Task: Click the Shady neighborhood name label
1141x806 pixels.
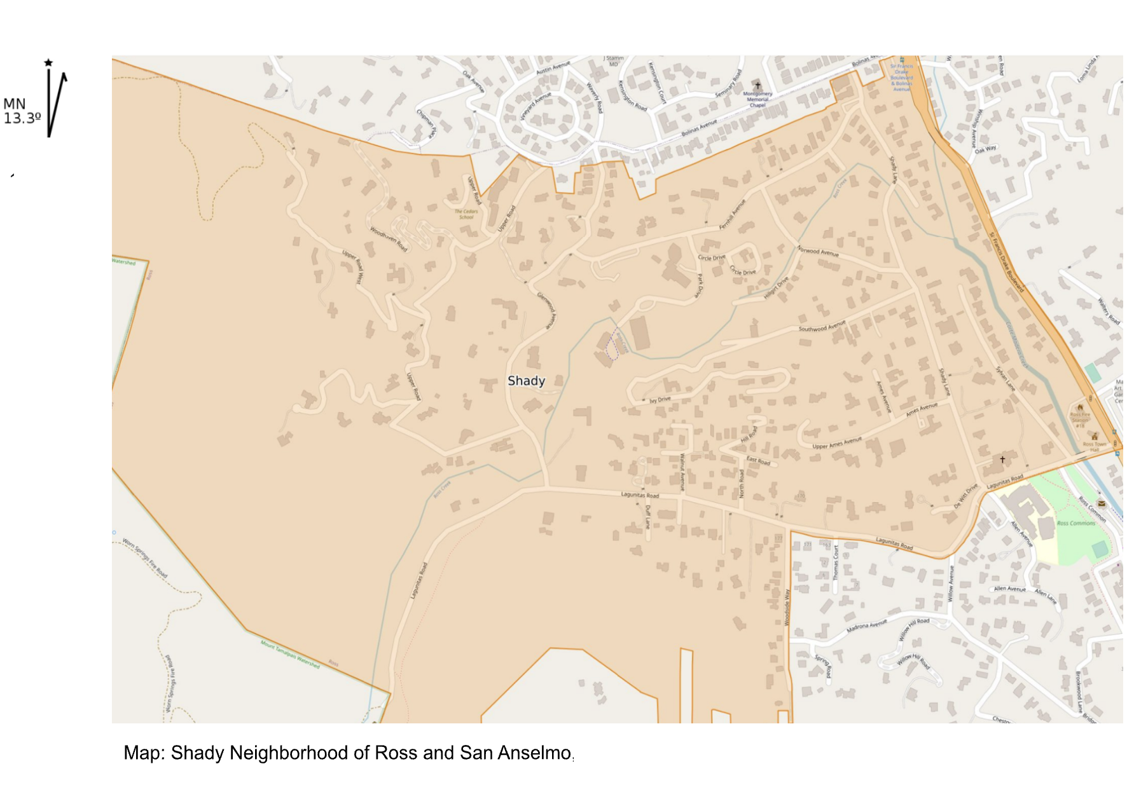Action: pyautogui.click(x=526, y=381)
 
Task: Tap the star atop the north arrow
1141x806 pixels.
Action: pyautogui.click(x=48, y=62)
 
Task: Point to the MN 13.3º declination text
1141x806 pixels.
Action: pyautogui.click(x=22, y=111)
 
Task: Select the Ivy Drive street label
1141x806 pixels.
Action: pyautogui.click(x=660, y=400)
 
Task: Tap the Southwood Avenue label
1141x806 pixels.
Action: pyautogui.click(x=822, y=326)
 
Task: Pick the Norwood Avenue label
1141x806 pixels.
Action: pyautogui.click(x=818, y=251)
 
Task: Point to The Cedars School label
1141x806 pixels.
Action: pyautogui.click(x=466, y=214)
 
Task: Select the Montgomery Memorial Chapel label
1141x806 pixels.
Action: pyautogui.click(x=757, y=99)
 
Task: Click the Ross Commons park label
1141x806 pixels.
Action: pyautogui.click(x=1076, y=523)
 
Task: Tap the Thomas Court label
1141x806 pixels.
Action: pyautogui.click(x=836, y=562)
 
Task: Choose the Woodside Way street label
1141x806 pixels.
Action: pyautogui.click(x=787, y=608)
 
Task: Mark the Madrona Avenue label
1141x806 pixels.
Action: pyautogui.click(x=866, y=625)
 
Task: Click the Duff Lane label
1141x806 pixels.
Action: pyautogui.click(x=647, y=517)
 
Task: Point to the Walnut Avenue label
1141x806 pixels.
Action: pyautogui.click(x=682, y=471)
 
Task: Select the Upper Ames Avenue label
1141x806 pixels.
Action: pyautogui.click(x=837, y=442)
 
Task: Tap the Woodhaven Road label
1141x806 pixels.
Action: pyautogui.click(x=388, y=239)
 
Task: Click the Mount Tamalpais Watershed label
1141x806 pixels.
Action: pyautogui.click(x=290, y=654)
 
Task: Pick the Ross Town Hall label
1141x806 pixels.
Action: pyautogui.click(x=1095, y=447)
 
